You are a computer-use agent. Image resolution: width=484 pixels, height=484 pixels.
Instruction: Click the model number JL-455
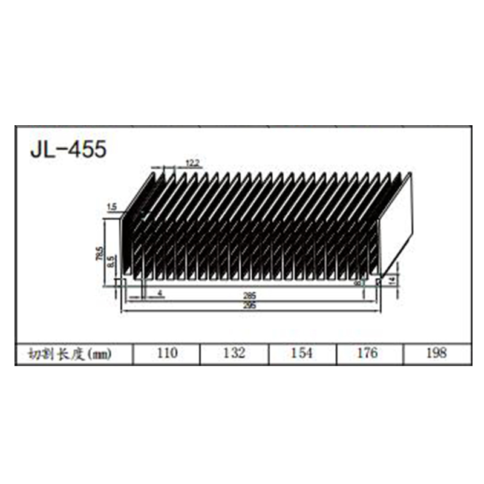(x=68, y=149)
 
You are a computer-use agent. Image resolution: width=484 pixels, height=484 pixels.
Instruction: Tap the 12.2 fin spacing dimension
(x=192, y=162)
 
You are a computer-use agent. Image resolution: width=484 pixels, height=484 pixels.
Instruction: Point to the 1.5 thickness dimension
(x=111, y=208)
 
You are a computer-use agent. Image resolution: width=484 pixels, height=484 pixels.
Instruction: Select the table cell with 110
(x=166, y=353)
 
